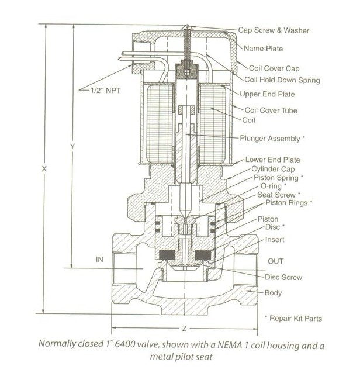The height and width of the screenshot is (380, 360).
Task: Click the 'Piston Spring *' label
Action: tap(278, 177)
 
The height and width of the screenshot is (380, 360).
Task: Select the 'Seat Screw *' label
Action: tap(279, 194)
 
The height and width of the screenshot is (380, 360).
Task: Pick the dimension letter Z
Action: tap(184, 327)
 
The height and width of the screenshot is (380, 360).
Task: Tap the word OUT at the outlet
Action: tap(276, 261)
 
